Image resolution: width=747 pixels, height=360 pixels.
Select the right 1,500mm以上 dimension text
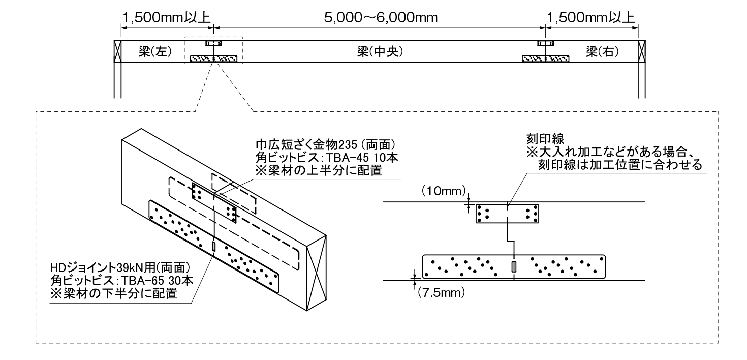590,18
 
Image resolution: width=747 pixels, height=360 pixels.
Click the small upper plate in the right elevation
507,213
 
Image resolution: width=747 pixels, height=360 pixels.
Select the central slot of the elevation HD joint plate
514,266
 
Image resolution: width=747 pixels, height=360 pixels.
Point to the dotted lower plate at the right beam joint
545,58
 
